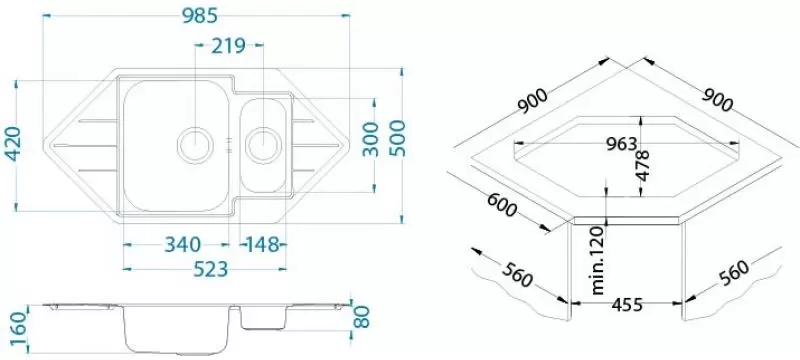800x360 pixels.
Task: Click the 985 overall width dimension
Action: click(200, 16)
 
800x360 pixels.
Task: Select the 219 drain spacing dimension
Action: click(229, 45)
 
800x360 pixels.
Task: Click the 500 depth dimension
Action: click(396, 138)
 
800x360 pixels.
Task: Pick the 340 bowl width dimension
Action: click(182, 245)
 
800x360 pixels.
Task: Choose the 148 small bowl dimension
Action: click(263, 245)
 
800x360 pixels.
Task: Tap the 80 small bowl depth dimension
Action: click(361, 317)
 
